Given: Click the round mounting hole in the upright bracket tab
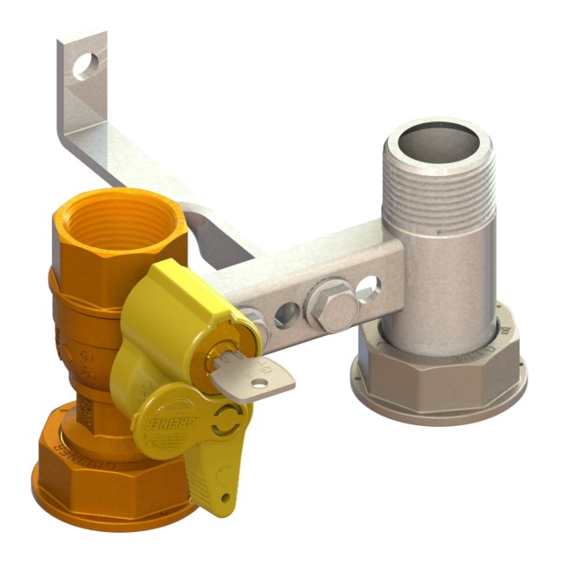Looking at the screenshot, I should click(x=85, y=66).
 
